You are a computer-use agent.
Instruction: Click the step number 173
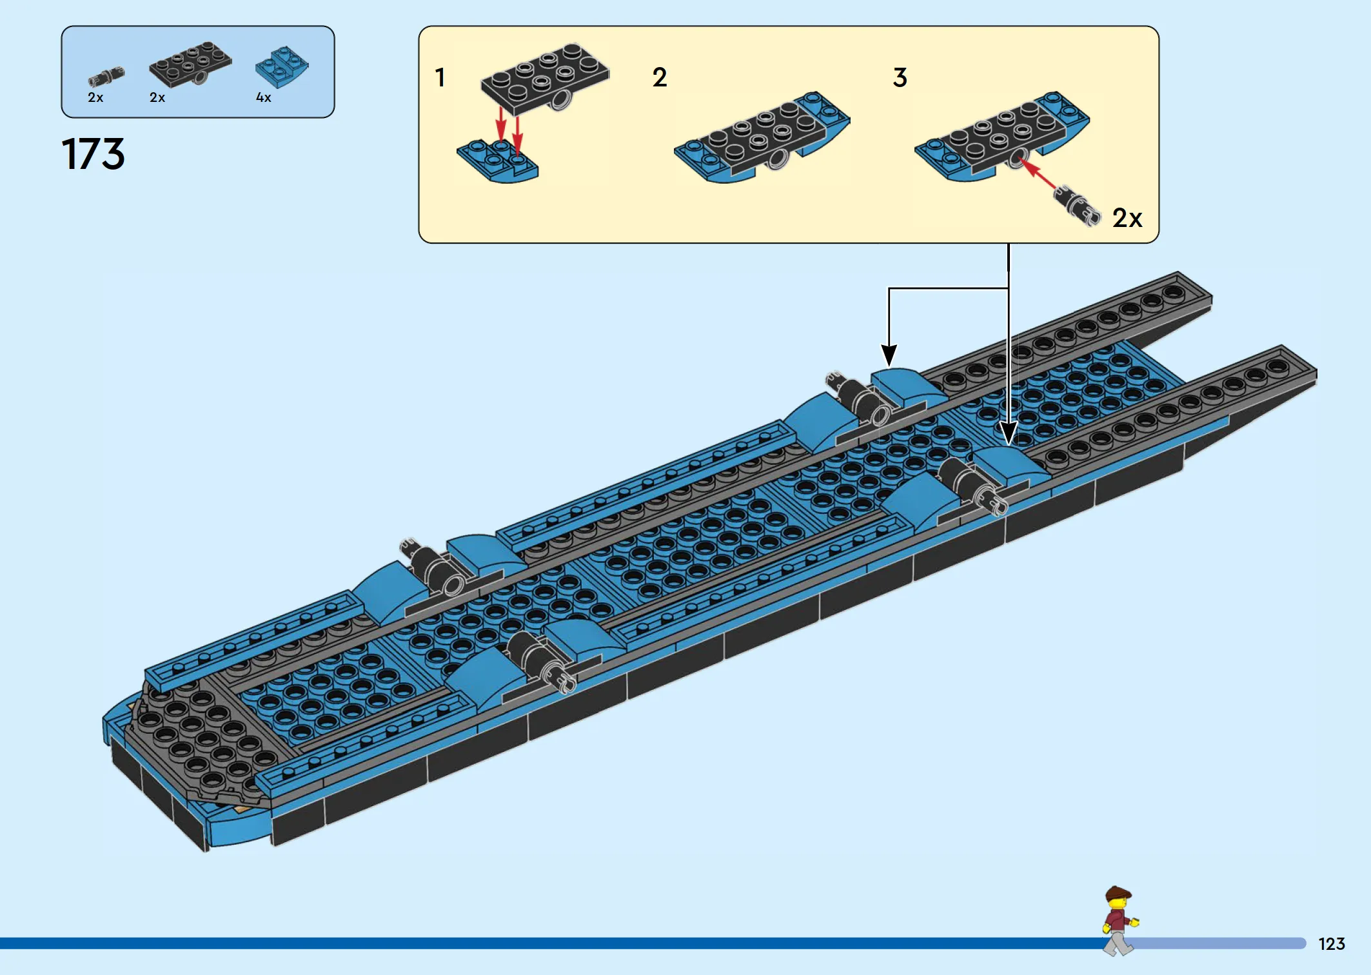tap(93, 154)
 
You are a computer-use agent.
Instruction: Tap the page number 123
tap(1332, 944)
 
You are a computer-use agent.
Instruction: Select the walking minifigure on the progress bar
tap(1119, 921)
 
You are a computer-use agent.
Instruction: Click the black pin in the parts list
tap(106, 77)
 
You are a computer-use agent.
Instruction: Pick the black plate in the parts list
tap(190, 64)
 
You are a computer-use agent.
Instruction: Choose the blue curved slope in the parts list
tap(282, 67)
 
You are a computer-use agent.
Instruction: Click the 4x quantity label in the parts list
tap(263, 97)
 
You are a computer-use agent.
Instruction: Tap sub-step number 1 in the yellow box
tap(440, 77)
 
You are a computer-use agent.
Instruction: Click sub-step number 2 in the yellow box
tap(659, 77)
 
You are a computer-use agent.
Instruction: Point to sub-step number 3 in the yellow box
tap(900, 77)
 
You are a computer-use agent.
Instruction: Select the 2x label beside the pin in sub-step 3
tap(1127, 218)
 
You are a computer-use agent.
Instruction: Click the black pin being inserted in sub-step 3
tap(1077, 206)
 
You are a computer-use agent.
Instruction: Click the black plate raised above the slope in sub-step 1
tap(545, 77)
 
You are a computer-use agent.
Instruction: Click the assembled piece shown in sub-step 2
tap(762, 137)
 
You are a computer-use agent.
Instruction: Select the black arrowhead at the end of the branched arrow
tap(889, 356)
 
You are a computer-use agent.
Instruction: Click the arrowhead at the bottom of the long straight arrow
tap(1009, 433)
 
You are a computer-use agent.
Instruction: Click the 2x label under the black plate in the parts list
tap(157, 97)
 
